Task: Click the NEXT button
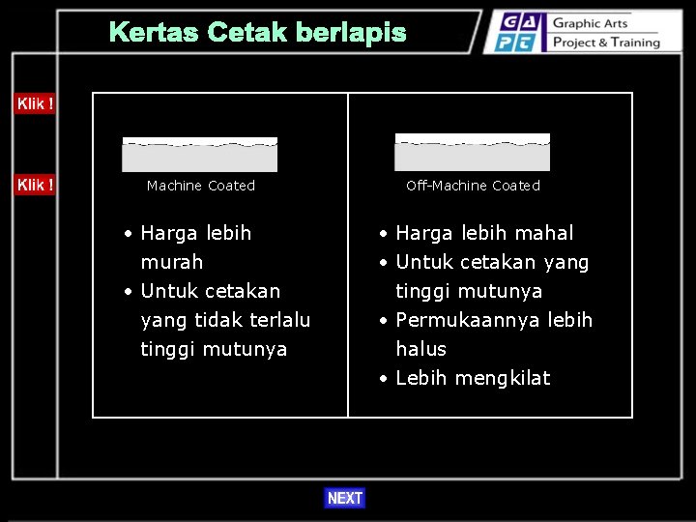pos(344,498)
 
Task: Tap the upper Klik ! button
pos(34,103)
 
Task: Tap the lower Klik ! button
pos(34,184)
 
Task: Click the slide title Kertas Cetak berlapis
pos(257,33)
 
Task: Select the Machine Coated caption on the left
pos(201,186)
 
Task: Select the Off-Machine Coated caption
pos(473,186)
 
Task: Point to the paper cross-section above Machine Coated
pos(200,155)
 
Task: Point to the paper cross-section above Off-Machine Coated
pos(473,153)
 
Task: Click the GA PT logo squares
pos(518,32)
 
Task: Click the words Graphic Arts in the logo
pos(591,23)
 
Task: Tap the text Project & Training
pos(605,43)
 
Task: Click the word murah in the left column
pos(171,262)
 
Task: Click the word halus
pos(420,349)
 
